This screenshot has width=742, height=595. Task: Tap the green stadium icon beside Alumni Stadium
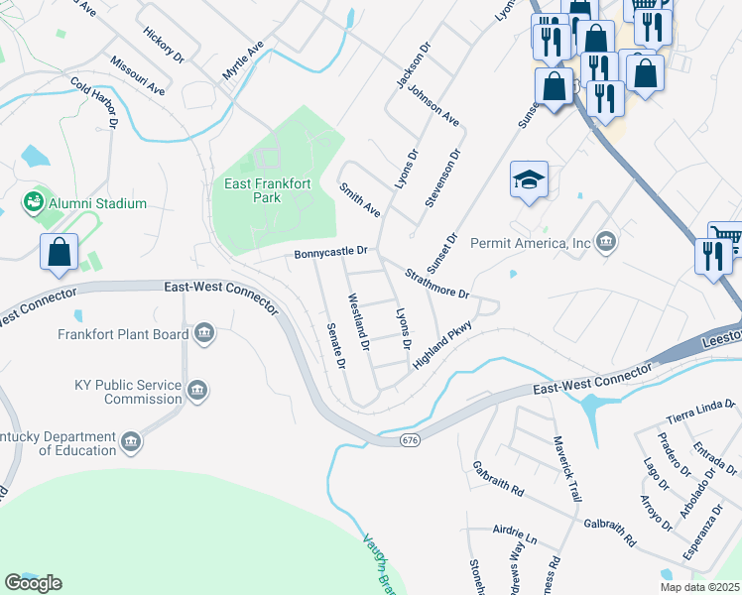click(x=33, y=203)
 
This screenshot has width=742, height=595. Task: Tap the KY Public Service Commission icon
click(x=197, y=392)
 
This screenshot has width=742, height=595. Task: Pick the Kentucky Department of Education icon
click(x=130, y=439)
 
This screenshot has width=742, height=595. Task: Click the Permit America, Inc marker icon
click(x=606, y=242)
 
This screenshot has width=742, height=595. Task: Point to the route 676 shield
click(x=410, y=438)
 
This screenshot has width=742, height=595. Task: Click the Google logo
click(x=33, y=582)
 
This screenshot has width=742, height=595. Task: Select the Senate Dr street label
click(x=334, y=346)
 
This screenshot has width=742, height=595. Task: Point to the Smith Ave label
click(x=359, y=199)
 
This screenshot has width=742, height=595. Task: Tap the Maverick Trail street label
click(x=564, y=469)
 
